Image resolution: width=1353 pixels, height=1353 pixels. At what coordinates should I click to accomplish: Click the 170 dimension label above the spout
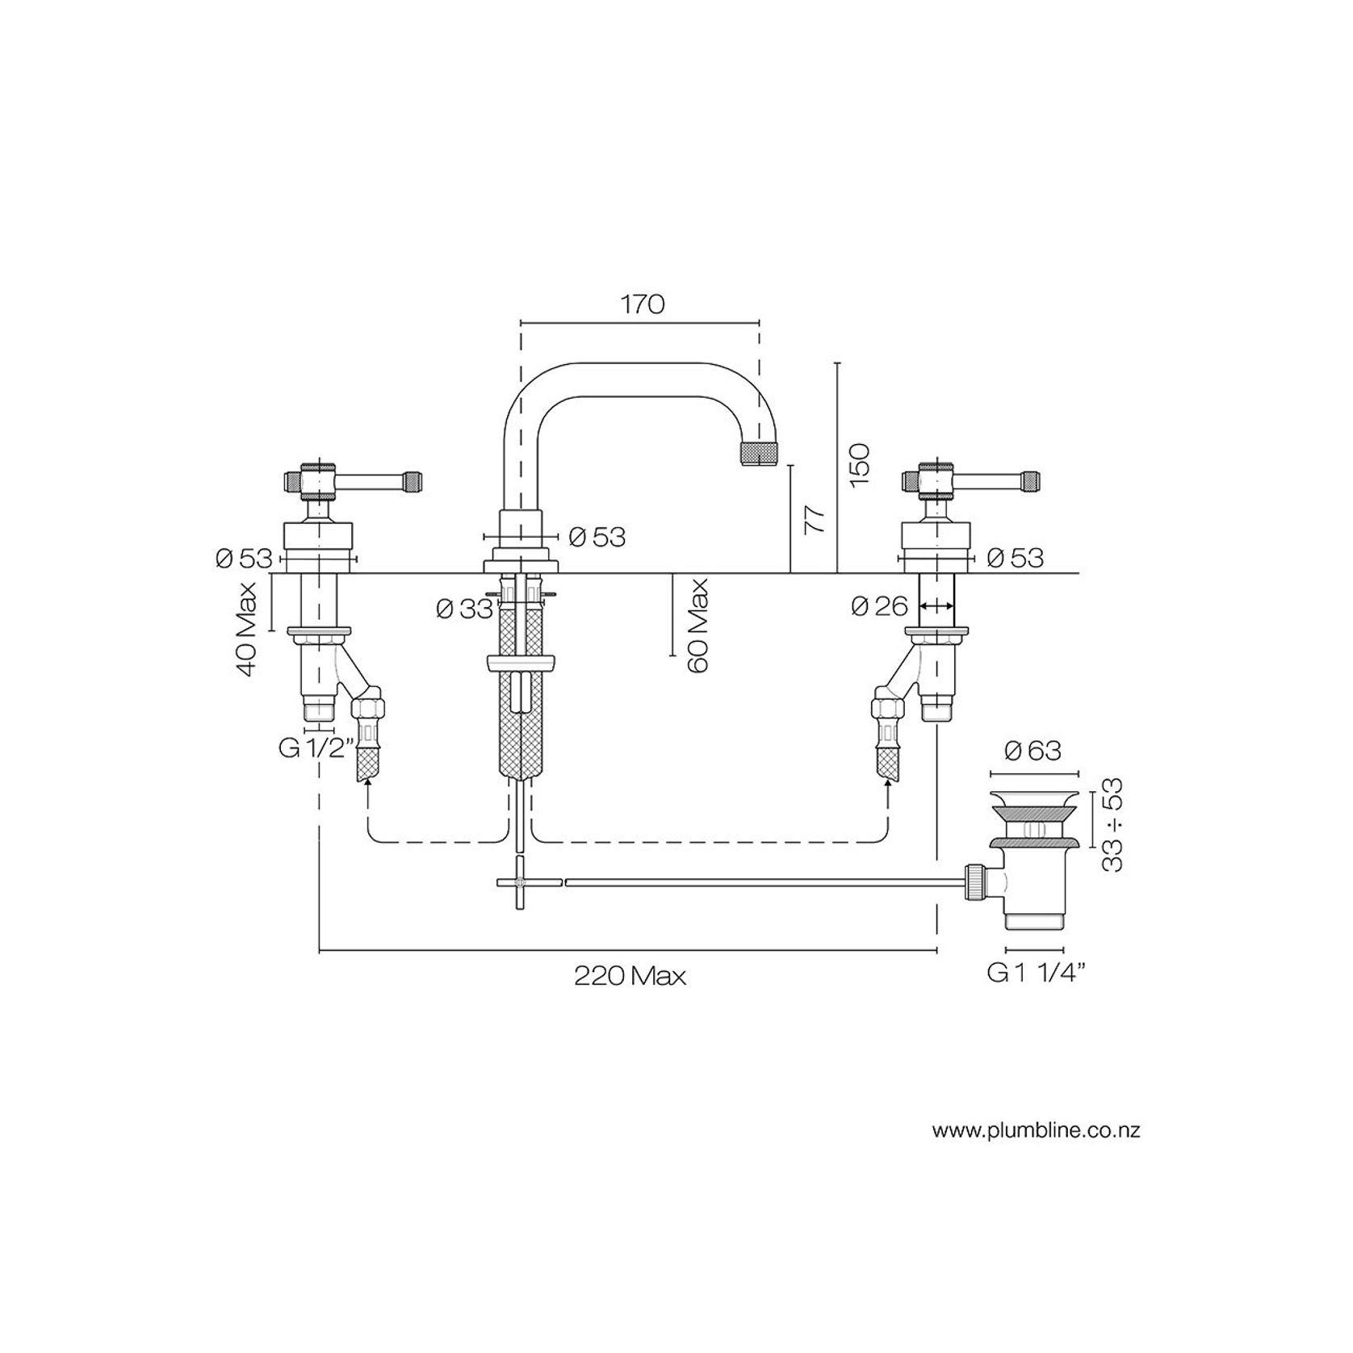pos(643,305)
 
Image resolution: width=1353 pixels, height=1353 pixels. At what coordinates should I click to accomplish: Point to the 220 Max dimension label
pos(630,977)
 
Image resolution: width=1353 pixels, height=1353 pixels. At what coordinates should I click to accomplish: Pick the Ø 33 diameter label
pos(464,609)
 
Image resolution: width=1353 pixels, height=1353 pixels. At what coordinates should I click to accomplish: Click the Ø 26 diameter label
pos(880,605)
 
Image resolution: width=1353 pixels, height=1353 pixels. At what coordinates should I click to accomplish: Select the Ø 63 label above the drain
pos(1033,752)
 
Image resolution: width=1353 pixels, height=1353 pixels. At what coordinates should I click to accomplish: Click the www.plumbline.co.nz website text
pos(1036,1130)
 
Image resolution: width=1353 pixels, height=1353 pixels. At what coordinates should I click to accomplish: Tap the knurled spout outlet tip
pos(759,453)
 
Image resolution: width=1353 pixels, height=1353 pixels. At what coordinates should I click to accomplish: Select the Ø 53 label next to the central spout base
pos(597,537)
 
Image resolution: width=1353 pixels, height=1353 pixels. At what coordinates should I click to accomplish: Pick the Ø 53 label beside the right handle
pos(1015,558)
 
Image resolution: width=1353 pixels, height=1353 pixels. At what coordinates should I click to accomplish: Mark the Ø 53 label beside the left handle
pos(243,558)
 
